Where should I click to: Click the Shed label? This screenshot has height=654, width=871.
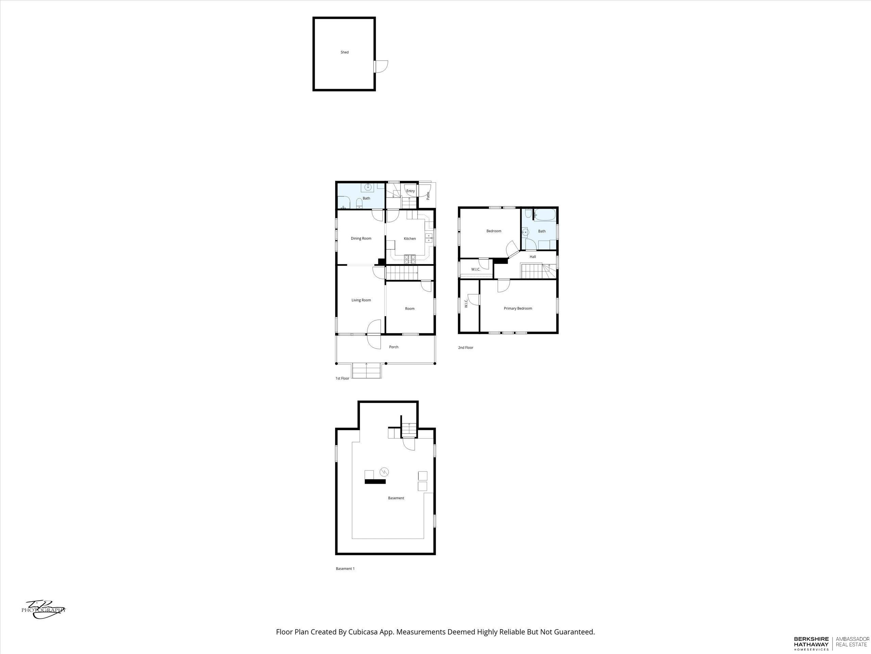pos(345,52)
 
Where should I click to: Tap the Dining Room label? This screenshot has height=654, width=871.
pos(361,238)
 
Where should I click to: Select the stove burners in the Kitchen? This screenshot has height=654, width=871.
pos(410,259)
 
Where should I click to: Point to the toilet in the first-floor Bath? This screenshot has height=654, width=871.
pos(359,203)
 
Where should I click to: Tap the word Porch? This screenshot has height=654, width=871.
pos(394,347)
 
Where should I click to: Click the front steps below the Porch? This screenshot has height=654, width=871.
pos(366,371)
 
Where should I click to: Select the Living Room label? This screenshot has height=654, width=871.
pos(361,300)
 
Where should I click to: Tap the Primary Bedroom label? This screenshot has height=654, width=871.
pos(518,308)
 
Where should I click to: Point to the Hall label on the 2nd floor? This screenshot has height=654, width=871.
pos(533,256)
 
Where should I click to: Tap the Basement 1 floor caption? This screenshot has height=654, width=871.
pos(345,569)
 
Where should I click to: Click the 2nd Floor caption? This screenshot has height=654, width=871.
pos(465,348)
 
